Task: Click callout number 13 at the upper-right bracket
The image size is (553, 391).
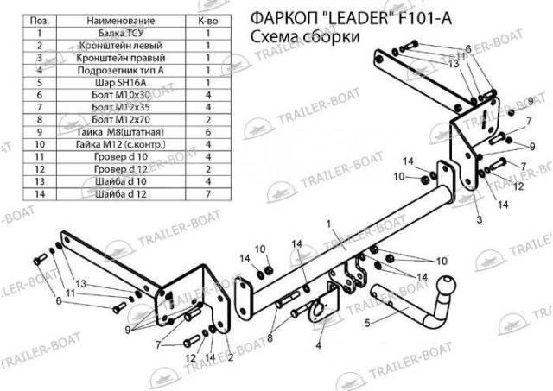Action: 453,64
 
